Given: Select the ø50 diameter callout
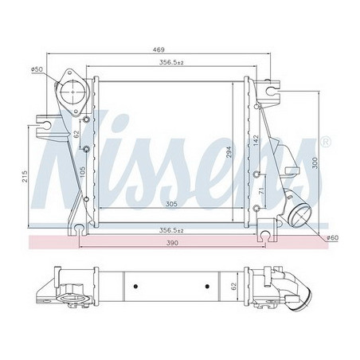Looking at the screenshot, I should (x=36, y=70).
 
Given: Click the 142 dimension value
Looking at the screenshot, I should (x=256, y=140).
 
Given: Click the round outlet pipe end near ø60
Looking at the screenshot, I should (x=302, y=216).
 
